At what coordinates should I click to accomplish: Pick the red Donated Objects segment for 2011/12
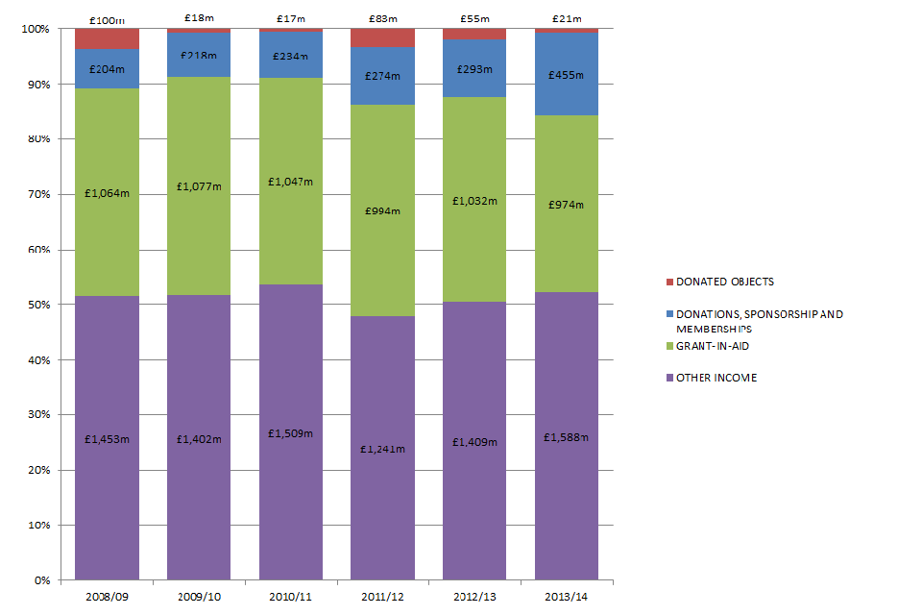[382, 37]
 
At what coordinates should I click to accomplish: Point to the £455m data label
[566, 69]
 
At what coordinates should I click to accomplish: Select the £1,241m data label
[382, 448]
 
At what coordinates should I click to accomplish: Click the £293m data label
[474, 69]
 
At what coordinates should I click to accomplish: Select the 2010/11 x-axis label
[291, 596]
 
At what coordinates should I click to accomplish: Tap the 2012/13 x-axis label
[474, 596]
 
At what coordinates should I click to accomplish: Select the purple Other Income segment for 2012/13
[474, 500]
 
